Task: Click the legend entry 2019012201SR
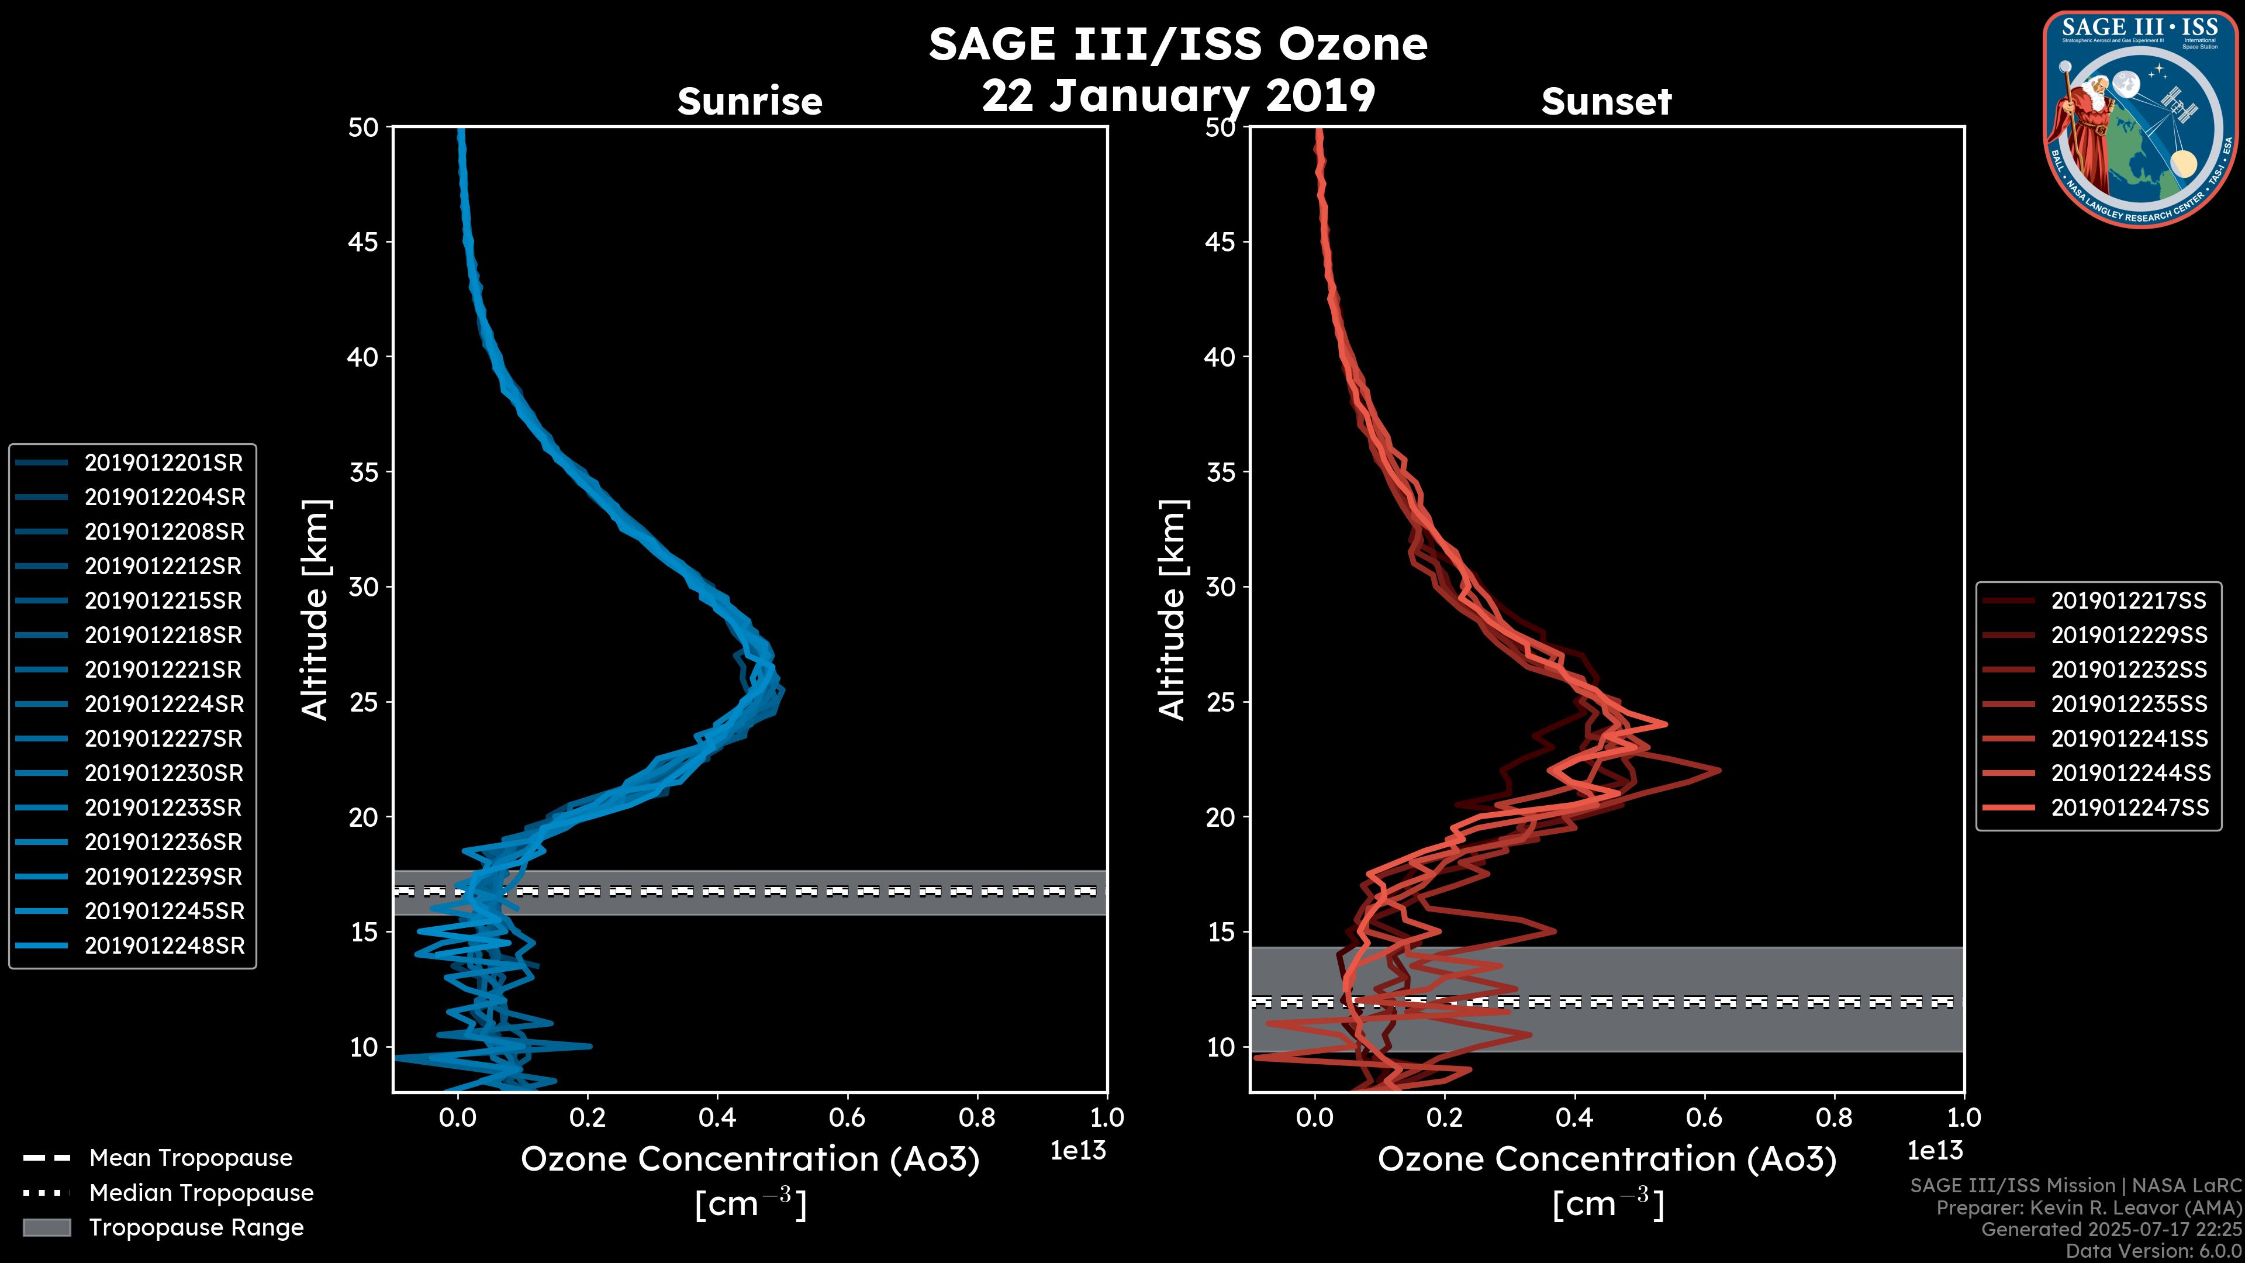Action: (164, 463)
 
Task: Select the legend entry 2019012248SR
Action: (164, 945)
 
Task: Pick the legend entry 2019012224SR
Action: (164, 704)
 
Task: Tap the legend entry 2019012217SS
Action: (2128, 601)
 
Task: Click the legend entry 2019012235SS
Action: (2128, 704)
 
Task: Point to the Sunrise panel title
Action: (750, 102)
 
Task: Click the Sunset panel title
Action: (1606, 102)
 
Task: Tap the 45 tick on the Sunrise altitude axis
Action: (364, 241)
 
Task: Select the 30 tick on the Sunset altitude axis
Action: (1221, 586)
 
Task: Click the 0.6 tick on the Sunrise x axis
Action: (847, 1117)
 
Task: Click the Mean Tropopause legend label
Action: (191, 1158)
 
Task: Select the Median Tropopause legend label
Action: (201, 1193)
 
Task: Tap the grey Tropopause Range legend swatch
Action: (47, 1227)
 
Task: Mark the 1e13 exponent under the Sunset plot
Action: (1935, 1151)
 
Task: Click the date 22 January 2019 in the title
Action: (1178, 96)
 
